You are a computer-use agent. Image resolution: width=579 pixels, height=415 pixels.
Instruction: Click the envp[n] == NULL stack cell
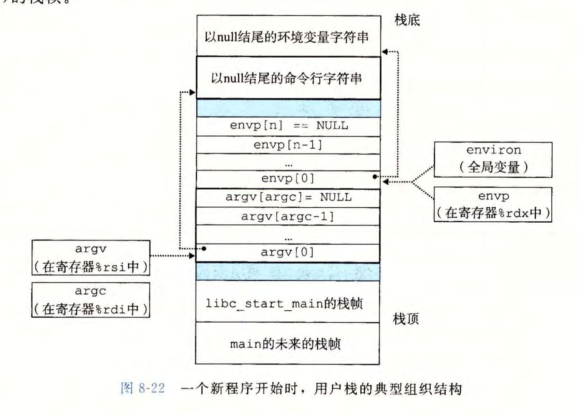click(x=289, y=126)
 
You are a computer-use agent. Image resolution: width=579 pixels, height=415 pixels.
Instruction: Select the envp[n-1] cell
click(x=289, y=145)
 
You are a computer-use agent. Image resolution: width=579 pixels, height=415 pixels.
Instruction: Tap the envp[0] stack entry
click(x=289, y=178)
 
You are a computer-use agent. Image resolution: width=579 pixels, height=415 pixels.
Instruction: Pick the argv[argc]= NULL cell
click(x=289, y=197)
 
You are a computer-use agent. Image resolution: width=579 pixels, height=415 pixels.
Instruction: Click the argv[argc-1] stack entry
click(x=289, y=216)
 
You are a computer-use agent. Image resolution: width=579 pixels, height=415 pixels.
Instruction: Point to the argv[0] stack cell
click(x=289, y=252)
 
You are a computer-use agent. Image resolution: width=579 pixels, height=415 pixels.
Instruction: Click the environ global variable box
click(x=493, y=159)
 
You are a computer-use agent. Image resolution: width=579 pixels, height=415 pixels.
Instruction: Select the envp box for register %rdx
click(x=493, y=205)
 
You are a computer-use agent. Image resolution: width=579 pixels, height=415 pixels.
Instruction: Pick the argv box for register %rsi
click(x=91, y=258)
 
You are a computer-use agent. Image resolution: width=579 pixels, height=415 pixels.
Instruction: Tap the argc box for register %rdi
click(x=91, y=300)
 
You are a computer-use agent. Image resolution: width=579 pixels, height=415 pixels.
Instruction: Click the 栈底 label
click(x=407, y=20)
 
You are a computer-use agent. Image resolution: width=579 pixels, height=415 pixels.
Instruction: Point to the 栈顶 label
click(x=406, y=318)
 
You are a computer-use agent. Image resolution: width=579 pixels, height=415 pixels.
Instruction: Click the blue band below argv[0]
click(x=288, y=272)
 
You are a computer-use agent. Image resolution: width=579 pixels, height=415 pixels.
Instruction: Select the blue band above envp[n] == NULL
click(x=289, y=108)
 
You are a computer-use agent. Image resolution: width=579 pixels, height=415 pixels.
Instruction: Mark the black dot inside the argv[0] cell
click(x=204, y=249)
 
